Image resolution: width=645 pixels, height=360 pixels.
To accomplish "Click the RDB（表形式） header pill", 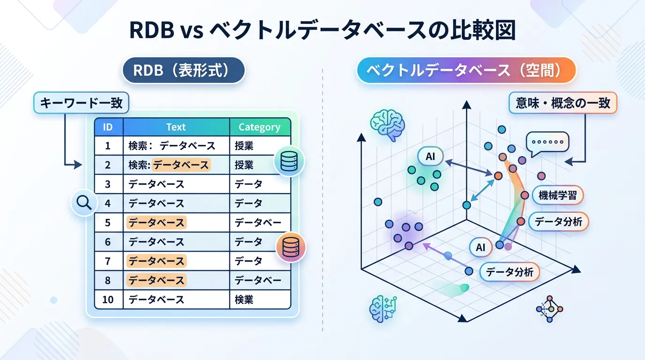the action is click(184, 70).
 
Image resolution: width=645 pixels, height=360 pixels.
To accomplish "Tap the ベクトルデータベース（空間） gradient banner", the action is click(466, 70).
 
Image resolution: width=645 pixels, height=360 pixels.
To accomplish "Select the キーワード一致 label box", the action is click(81, 103).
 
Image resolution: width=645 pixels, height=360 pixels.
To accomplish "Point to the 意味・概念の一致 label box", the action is click(563, 103).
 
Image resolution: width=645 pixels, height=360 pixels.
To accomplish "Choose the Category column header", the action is click(260, 127).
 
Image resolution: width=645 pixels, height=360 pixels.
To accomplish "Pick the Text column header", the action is click(176, 127).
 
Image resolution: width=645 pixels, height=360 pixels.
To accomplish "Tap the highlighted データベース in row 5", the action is click(157, 223).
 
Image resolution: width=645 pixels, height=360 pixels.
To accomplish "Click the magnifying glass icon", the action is click(84, 203).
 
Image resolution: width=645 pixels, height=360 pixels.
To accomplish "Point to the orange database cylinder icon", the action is click(291, 247).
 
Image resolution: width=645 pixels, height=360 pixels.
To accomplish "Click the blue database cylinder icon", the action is click(289, 161).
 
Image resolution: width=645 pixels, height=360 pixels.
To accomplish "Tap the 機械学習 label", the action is click(557, 195).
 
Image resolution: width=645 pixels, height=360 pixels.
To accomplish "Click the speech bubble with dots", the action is click(547, 144).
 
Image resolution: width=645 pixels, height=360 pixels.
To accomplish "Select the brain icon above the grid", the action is click(388, 125).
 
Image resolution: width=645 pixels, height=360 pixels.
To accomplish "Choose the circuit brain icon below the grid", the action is click(383, 309).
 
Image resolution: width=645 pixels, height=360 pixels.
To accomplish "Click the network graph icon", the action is click(549, 309).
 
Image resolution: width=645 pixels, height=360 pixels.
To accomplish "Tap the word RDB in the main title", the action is click(152, 30).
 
